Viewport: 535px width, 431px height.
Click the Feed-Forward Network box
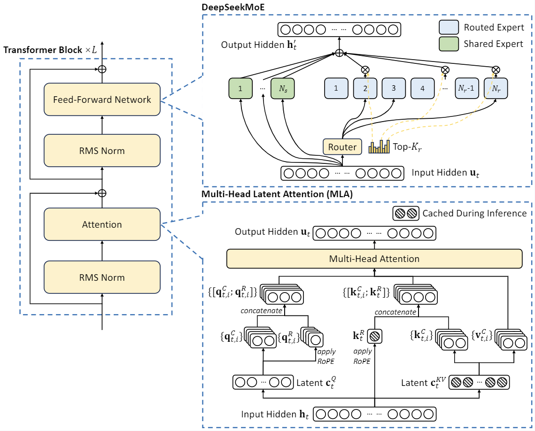coord(102,100)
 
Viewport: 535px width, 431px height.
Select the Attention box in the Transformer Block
coord(102,224)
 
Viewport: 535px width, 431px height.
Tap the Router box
coord(342,147)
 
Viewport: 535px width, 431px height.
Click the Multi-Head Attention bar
coord(374,259)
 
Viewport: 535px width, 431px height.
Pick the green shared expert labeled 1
coord(240,88)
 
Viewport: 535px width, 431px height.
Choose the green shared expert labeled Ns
coord(282,88)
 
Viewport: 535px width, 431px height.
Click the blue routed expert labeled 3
coord(394,88)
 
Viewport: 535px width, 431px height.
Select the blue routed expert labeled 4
coord(422,88)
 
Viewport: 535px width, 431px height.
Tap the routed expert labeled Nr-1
coord(467,88)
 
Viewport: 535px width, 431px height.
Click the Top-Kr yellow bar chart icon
coord(379,147)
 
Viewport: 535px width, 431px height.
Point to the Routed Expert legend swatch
coord(449,27)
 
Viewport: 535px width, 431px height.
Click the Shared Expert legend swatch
coord(449,44)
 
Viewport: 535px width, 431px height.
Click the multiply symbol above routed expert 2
coord(365,69)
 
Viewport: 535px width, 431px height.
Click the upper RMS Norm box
coord(102,151)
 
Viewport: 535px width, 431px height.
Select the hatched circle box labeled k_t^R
coord(375,336)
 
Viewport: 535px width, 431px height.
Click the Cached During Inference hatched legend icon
coord(405,214)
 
